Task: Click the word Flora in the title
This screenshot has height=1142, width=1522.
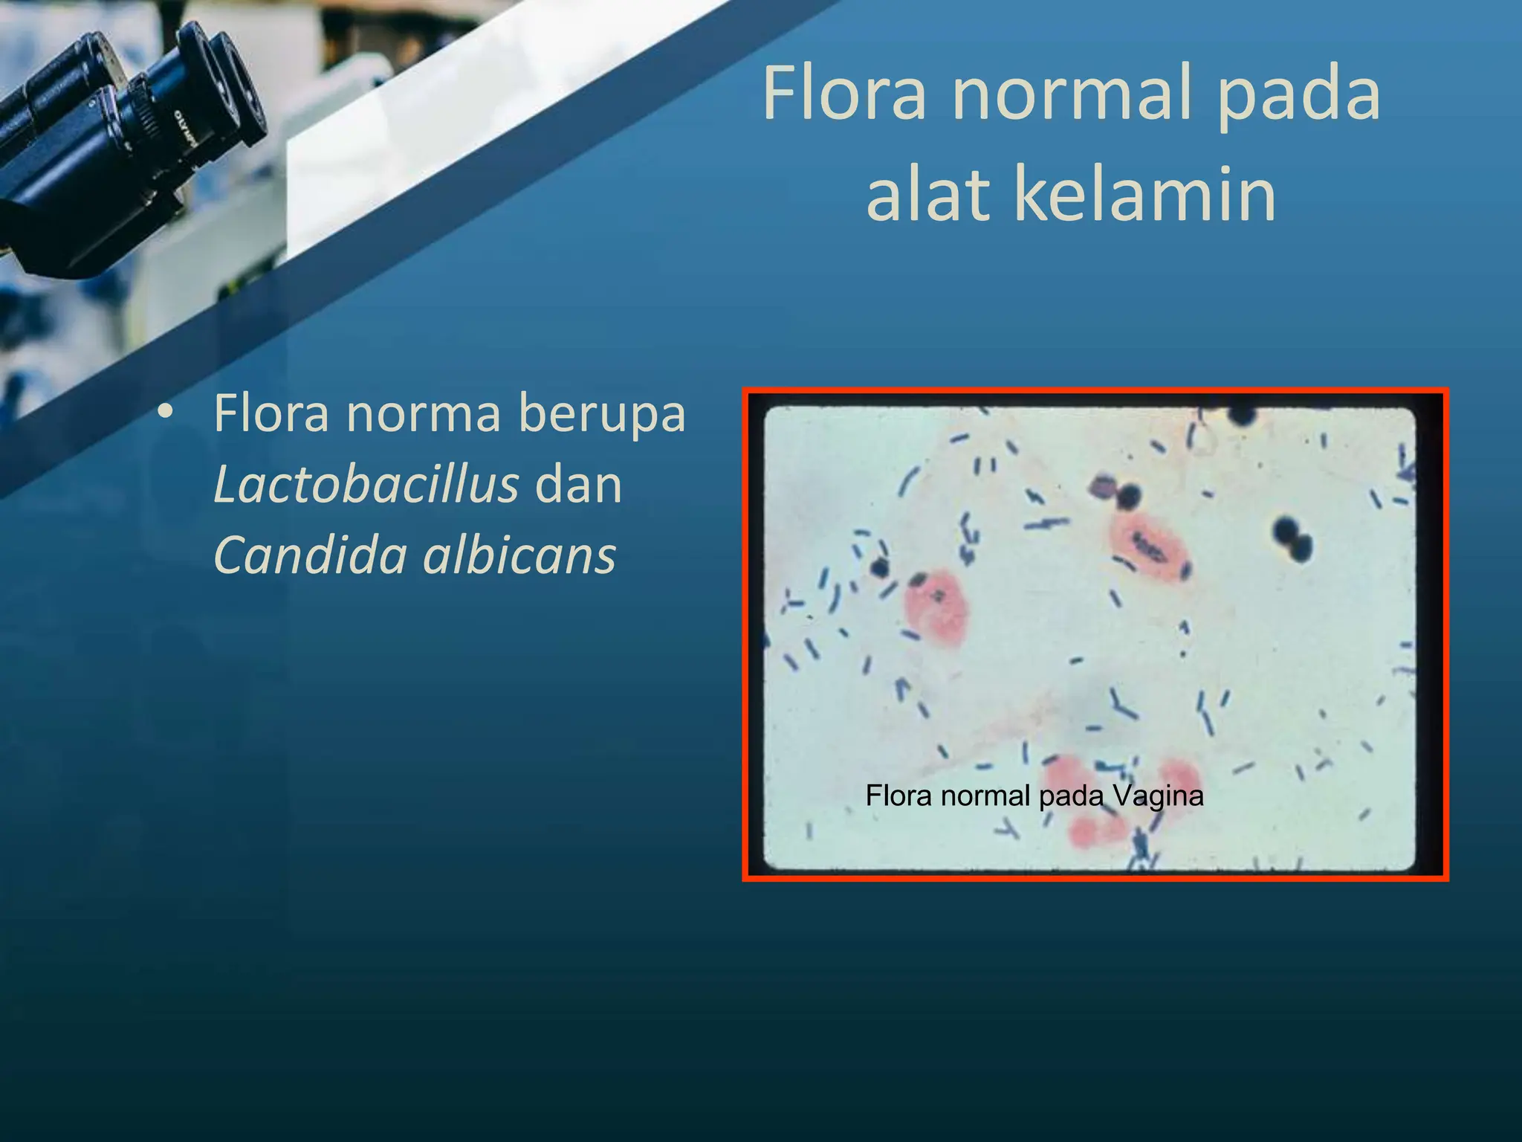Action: [844, 94]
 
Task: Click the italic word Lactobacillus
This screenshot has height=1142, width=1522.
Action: [366, 485]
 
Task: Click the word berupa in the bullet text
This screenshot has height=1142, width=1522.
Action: [601, 413]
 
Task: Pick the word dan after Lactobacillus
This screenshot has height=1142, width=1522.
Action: [578, 485]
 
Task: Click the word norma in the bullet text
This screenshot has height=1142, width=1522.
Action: [423, 413]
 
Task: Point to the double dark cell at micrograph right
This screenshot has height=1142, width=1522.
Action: [1292, 539]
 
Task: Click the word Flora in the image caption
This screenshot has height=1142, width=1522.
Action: [898, 796]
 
